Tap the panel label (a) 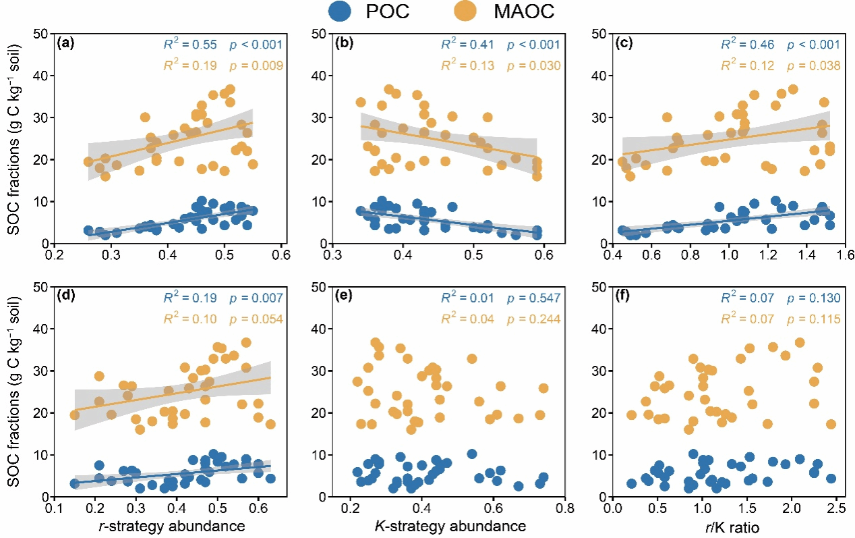(x=66, y=44)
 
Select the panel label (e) (x=344, y=297)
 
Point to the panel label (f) (x=624, y=297)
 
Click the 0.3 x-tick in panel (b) (x=332, y=257)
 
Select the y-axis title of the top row (x=15, y=138)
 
